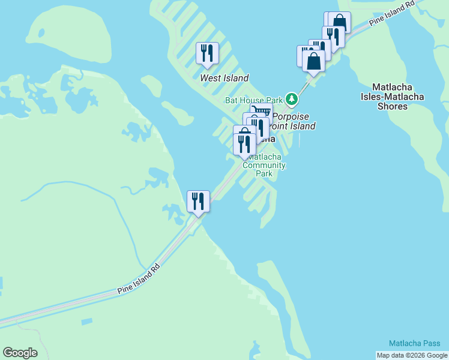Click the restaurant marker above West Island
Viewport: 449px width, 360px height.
207,53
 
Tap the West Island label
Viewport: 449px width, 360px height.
224,78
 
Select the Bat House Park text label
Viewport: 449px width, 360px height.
253,100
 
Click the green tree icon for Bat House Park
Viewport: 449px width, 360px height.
292,98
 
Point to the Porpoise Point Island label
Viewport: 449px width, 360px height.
293,121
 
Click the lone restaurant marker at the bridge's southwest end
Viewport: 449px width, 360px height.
198,201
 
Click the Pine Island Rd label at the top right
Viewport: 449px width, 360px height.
393,13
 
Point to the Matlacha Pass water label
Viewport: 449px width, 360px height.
414,343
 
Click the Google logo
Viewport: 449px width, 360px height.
20,352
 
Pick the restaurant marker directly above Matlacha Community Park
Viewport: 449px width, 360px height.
244,143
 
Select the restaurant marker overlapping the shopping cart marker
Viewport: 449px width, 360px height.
258,127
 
